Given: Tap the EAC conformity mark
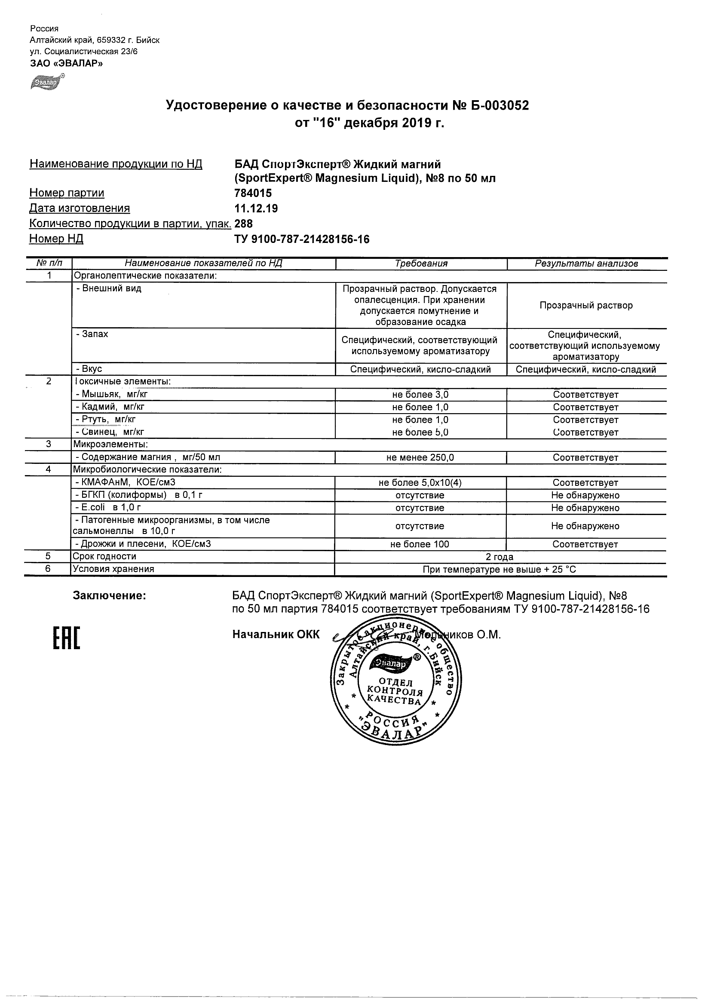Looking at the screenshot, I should coord(67,638).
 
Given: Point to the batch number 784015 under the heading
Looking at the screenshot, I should coord(253,193).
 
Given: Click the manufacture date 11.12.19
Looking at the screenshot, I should coord(256,209).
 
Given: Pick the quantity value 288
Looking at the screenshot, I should coord(244,224).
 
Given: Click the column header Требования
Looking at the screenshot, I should coord(421,264).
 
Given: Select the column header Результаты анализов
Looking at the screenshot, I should coord(586,264).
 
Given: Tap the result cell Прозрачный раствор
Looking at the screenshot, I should coord(586,305).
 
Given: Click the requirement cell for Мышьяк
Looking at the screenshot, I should coord(420,394).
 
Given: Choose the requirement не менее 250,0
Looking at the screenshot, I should coord(420,457).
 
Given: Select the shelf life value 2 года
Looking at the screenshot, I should coord(500,557).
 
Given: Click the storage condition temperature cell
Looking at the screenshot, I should coord(500,570).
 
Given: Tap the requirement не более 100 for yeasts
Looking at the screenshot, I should coord(420,544).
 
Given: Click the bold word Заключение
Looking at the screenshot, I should coord(110,596).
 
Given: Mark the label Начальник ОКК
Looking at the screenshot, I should coord(276,635).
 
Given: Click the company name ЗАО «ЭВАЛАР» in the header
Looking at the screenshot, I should coord(67,63).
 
